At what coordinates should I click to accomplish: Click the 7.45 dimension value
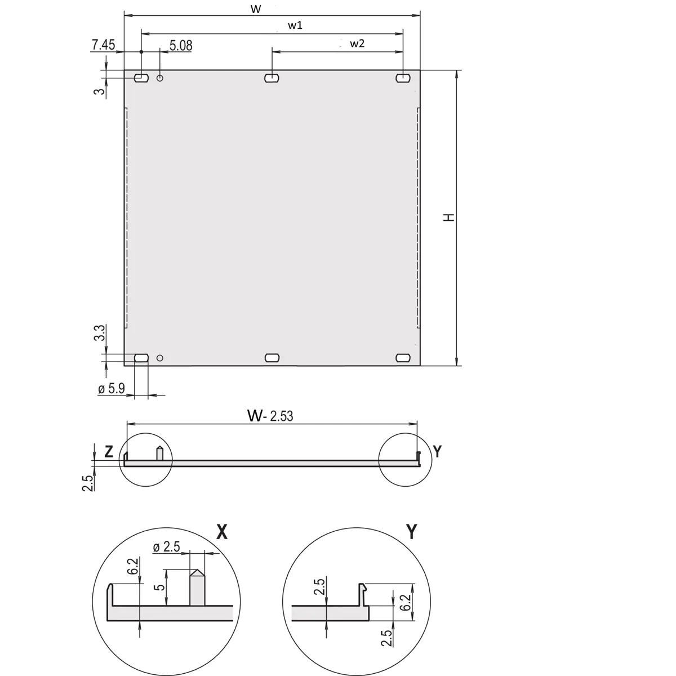(103, 45)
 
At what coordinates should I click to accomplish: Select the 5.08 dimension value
(181, 46)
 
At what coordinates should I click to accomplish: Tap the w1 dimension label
(295, 25)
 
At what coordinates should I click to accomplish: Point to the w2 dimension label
(357, 43)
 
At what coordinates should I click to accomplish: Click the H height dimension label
(449, 217)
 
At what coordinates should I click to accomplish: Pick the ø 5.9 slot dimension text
(112, 388)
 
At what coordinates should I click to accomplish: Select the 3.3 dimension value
(100, 332)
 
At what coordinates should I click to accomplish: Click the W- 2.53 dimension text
(270, 416)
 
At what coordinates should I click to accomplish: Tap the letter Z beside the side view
(109, 451)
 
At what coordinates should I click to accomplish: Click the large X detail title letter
(222, 532)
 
